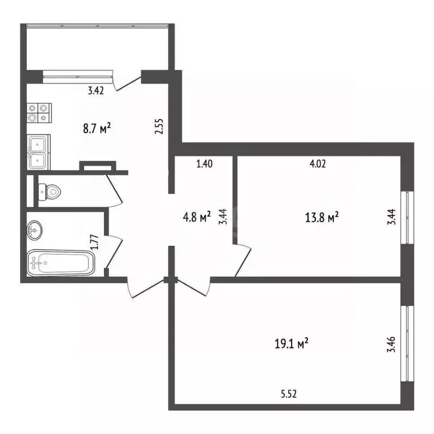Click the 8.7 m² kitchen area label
tap(97, 129)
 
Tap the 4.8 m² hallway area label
tap(197, 216)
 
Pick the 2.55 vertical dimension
tap(160, 125)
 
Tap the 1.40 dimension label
tap(204, 164)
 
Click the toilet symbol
tap(50, 193)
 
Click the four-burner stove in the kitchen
tap(39, 112)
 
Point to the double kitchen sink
tap(38, 151)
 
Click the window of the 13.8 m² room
tap(405, 218)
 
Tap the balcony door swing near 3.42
tap(127, 83)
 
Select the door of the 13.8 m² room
tap(243, 260)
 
